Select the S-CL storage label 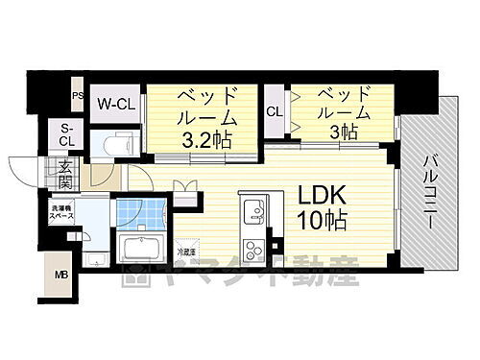click(67, 135)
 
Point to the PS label click(77, 95)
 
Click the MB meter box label click(60, 277)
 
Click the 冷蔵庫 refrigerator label click(185, 252)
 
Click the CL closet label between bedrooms click(274, 111)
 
